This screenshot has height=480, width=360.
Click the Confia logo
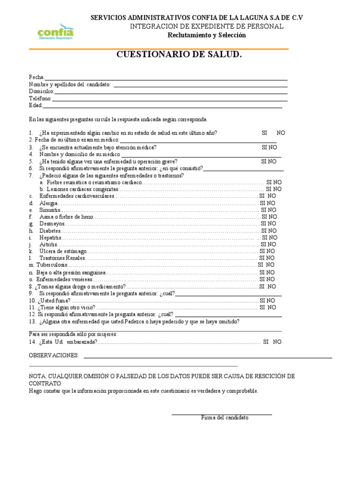[x=55, y=32]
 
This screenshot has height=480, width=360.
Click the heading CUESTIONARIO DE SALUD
[x=179, y=55]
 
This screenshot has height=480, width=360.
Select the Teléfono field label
[x=40, y=98]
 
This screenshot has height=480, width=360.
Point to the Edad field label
[x=36, y=105]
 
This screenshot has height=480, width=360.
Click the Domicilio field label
[x=41, y=91]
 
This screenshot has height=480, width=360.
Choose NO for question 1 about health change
[x=280, y=133]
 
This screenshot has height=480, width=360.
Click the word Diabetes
[x=51, y=231]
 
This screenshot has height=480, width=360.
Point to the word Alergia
[x=49, y=203]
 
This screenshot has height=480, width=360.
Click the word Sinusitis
[x=50, y=210]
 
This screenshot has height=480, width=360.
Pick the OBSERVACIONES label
[x=54, y=356]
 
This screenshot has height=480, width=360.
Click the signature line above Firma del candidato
[x=221, y=414]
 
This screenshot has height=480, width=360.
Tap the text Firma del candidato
[x=225, y=418]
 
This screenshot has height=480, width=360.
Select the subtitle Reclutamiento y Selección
[x=206, y=35]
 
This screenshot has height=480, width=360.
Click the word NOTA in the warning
[x=37, y=377]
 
